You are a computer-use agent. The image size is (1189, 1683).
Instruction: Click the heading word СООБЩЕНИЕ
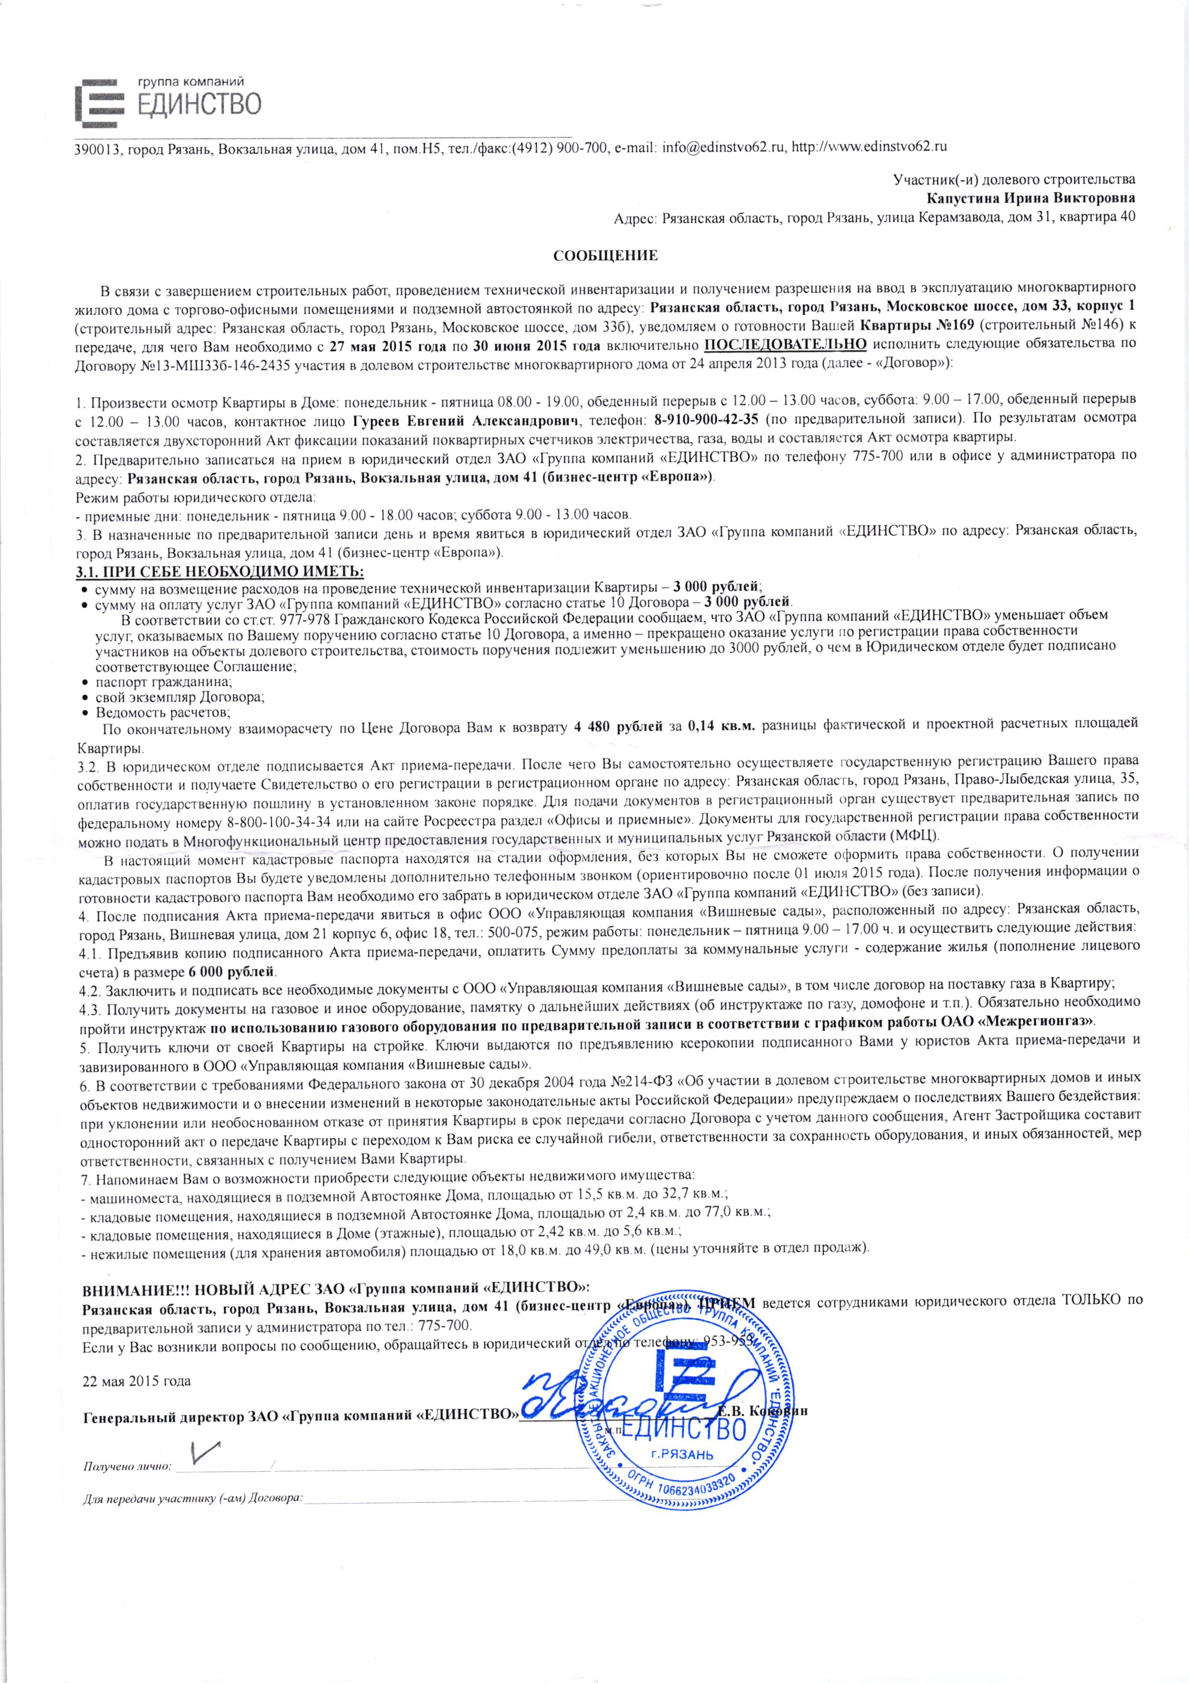[605, 256]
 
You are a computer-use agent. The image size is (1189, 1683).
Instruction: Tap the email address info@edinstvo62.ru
[723, 146]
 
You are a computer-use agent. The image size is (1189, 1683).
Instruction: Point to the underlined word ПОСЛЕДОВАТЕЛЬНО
[785, 345]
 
